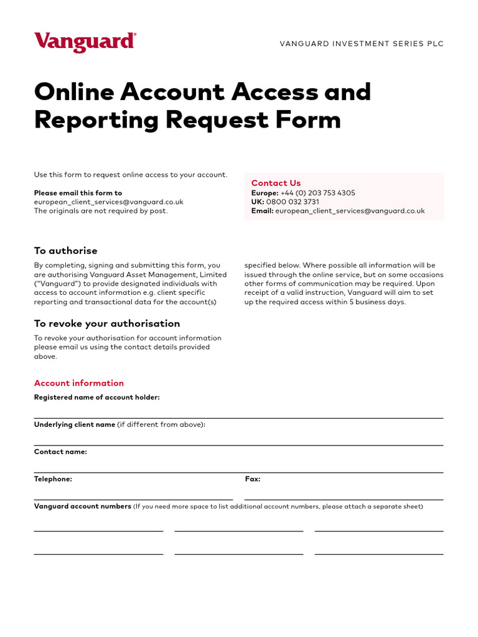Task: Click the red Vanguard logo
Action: (85, 42)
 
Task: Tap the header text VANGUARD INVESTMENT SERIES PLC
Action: (362, 44)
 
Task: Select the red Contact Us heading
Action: (276, 183)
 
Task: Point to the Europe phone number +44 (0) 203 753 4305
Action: (317, 193)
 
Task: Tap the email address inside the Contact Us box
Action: (350, 211)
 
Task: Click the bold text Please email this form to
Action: (78, 193)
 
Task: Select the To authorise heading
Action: (65, 251)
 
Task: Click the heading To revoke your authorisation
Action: (106, 323)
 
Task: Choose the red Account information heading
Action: (78, 383)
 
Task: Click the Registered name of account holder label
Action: (96, 397)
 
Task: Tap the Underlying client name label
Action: (75, 424)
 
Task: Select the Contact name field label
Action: (60, 452)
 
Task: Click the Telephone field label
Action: (53, 479)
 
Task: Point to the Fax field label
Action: (253, 479)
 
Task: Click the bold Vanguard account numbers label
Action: (82, 506)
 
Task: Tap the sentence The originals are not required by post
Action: (100, 211)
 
